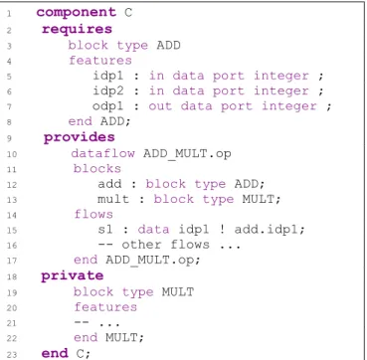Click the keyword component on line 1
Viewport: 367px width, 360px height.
pos(77,13)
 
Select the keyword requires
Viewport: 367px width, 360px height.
pos(77,29)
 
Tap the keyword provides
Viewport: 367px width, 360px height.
pos(80,137)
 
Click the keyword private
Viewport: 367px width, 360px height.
pos(73,275)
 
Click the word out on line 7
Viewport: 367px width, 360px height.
pos(160,106)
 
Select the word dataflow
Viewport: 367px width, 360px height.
pos(103,153)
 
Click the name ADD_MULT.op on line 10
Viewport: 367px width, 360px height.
pos(187,154)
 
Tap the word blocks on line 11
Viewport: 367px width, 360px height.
pos(97,168)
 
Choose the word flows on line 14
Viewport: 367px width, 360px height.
pos(93,214)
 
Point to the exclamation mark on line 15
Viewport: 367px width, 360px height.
pos(222,230)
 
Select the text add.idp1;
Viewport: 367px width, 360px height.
pos(270,230)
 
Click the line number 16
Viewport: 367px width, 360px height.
pos(11,246)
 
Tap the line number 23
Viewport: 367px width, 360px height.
pos(11,354)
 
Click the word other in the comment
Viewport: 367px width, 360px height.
pos(141,245)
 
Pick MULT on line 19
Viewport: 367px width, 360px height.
pos(178,291)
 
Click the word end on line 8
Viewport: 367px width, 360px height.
pos(81,121)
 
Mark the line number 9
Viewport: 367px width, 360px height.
pos(9,138)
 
